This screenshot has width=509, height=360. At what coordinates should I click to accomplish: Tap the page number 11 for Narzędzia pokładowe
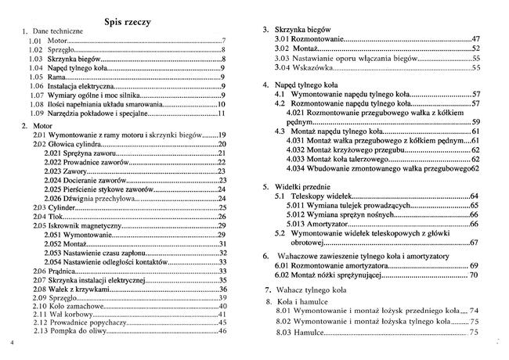[x=222, y=113]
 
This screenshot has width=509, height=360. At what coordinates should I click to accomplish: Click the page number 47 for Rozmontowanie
[x=475, y=38]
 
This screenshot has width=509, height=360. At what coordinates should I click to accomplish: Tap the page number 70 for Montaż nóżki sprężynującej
[x=474, y=275]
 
